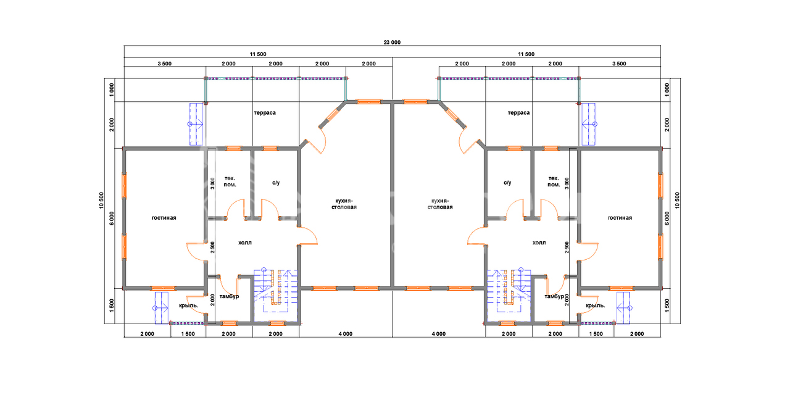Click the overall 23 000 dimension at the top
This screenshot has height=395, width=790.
click(393, 43)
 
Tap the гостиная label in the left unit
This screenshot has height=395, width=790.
click(164, 218)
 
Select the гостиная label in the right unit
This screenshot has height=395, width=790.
click(620, 218)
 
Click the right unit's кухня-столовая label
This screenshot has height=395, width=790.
click(440, 204)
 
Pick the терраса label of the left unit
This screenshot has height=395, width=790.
click(264, 113)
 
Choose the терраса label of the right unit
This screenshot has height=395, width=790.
click(519, 113)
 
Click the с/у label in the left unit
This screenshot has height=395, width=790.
click(276, 183)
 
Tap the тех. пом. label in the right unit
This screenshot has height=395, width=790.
click(554, 181)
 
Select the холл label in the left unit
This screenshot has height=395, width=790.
click(245, 243)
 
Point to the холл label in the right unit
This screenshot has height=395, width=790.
click(539, 243)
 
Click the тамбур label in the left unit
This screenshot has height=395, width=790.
click(229, 297)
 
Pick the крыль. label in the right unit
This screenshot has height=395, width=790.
click(596, 306)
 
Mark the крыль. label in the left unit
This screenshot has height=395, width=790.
click(188, 306)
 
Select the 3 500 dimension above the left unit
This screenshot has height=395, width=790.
click(164, 64)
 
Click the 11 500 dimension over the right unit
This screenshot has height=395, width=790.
click(526, 54)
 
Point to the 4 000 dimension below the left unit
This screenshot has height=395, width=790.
click(345, 334)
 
